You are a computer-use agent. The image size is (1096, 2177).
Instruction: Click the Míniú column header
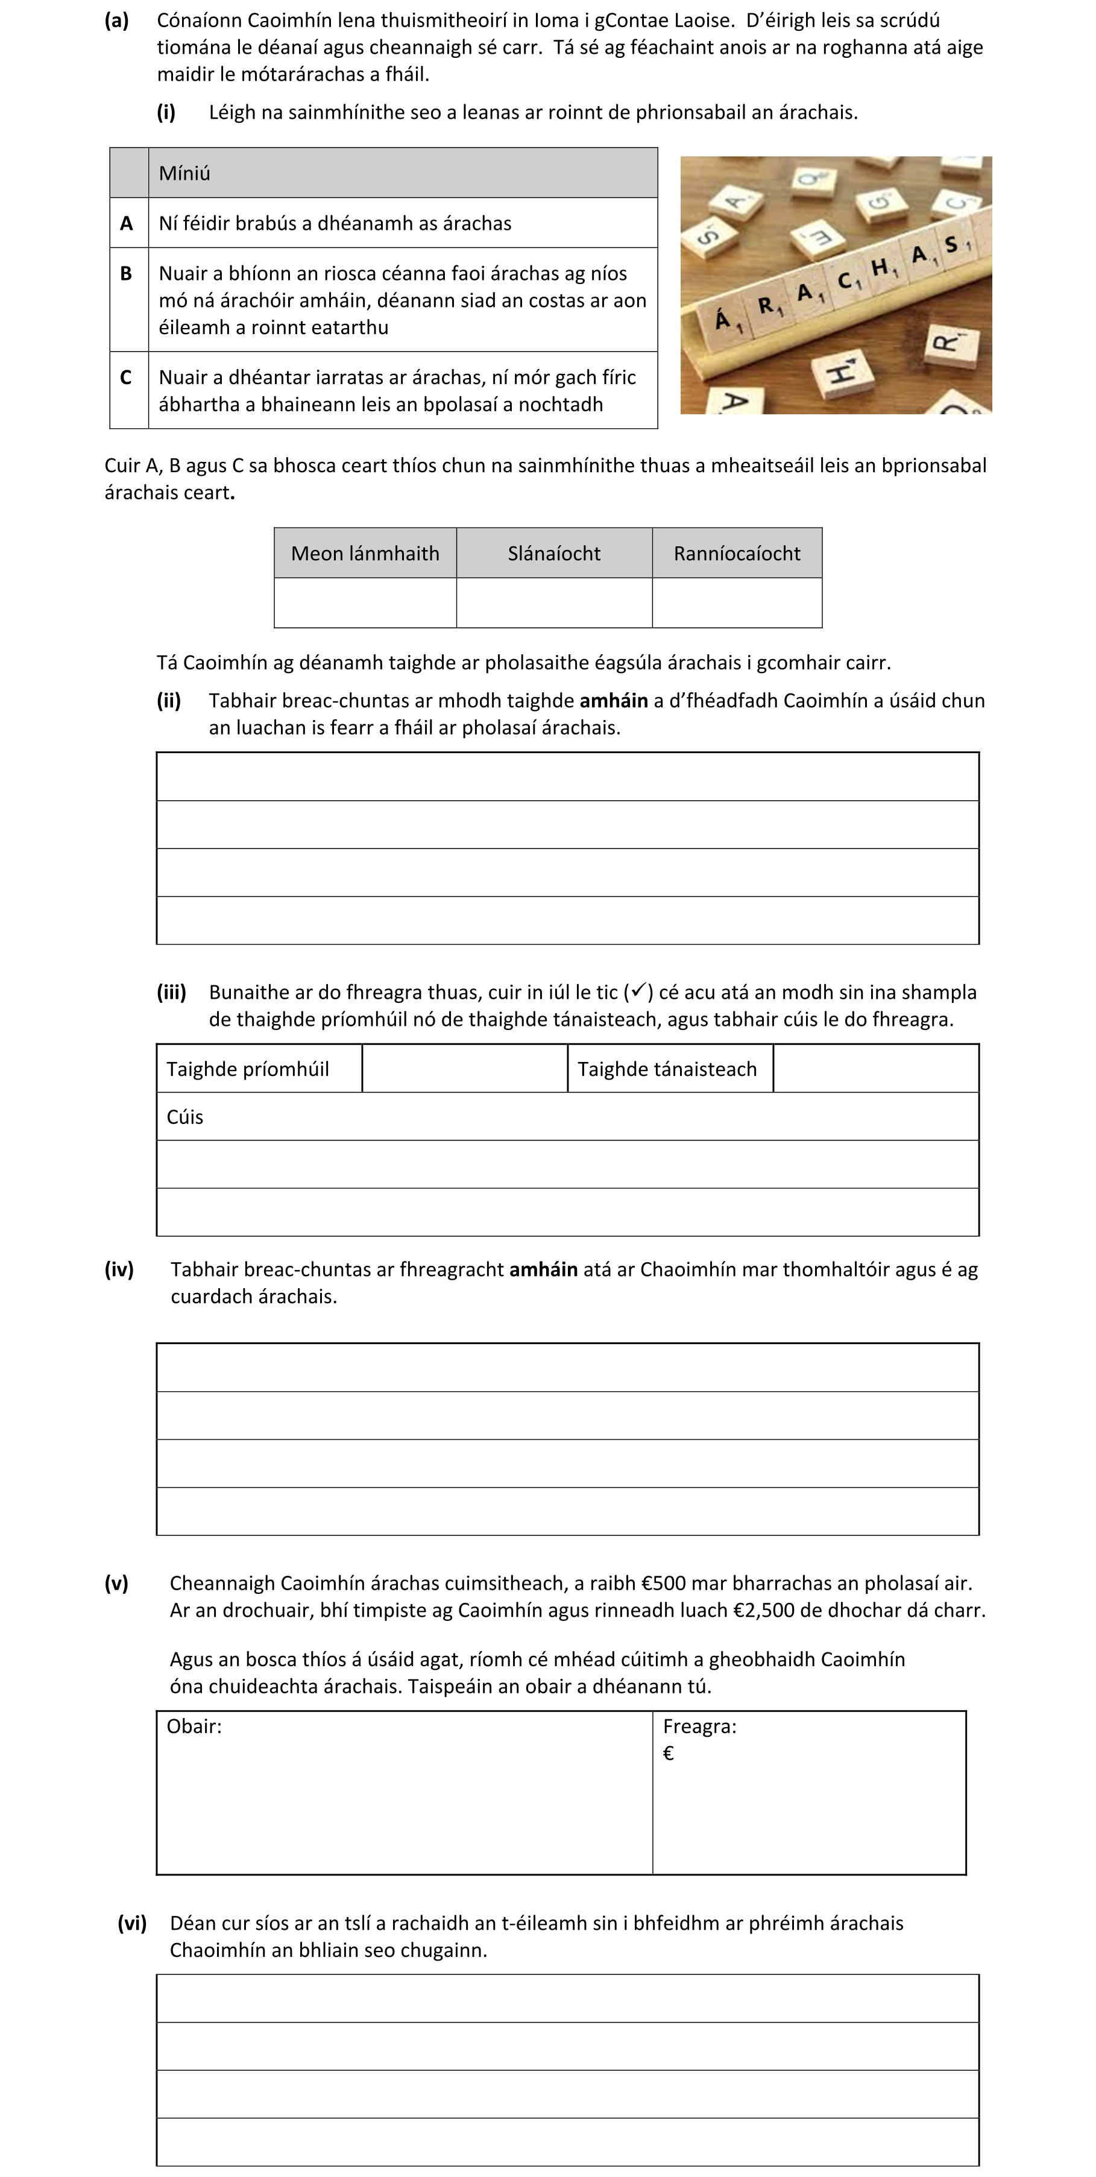pos(184,173)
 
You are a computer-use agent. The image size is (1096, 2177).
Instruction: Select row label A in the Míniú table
pos(127,223)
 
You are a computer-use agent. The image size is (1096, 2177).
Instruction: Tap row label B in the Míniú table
pos(127,273)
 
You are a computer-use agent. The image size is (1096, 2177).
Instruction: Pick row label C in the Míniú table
pos(127,377)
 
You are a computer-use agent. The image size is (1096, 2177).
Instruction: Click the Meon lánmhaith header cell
pos(365,554)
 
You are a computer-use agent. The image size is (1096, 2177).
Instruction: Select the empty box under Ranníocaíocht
pos(737,602)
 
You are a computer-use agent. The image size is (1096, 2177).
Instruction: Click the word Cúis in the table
pos(185,1117)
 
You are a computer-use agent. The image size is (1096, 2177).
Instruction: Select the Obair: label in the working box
pos(194,1727)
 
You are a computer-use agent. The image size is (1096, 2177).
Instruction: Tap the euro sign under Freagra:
pos(669,1754)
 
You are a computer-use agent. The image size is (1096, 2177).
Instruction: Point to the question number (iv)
pos(119,1269)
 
